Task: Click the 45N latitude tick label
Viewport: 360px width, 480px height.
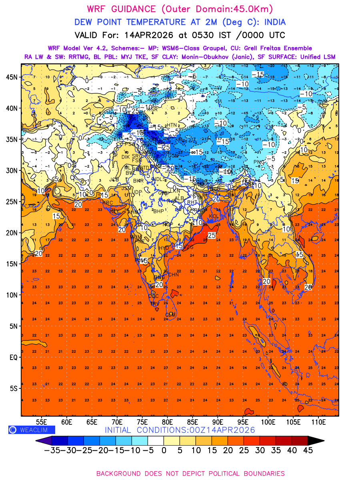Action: coord(14,77)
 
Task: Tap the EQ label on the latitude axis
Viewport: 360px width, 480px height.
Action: coord(14,357)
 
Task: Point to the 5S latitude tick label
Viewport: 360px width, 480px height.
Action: coord(14,388)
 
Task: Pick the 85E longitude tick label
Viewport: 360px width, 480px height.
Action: coord(192,422)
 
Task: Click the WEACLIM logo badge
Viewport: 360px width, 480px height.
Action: coord(32,430)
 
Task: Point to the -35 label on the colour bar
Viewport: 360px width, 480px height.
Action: coord(52,450)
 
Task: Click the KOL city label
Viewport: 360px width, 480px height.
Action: coord(214,216)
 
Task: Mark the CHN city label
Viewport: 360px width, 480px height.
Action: coord(173,275)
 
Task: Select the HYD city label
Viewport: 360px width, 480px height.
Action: coord(164,248)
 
